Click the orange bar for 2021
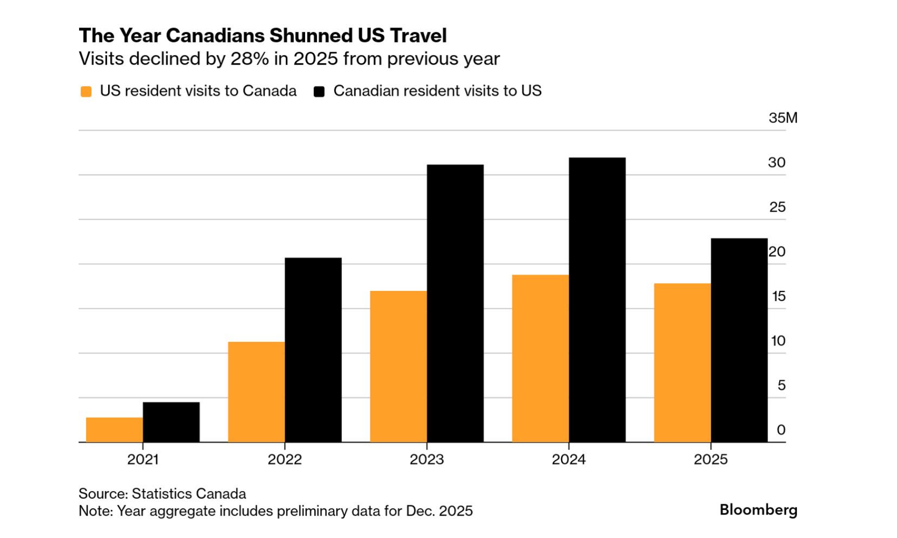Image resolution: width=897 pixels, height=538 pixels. (x=114, y=430)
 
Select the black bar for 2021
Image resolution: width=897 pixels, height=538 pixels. (x=171, y=422)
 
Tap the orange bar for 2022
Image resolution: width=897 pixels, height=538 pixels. (x=256, y=392)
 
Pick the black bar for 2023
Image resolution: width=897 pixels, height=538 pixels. (x=455, y=303)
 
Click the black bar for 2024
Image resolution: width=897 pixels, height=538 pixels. (x=597, y=300)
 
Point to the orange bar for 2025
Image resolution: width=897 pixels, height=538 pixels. (x=682, y=362)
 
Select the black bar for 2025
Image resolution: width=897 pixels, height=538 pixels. (x=739, y=340)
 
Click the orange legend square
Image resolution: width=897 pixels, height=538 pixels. (x=86, y=91)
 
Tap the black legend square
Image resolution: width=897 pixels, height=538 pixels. (x=319, y=91)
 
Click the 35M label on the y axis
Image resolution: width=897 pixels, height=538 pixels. (x=783, y=118)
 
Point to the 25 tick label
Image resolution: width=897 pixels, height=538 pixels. (x=777, y=207)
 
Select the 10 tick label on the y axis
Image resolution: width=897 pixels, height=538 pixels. (x=778, y=341)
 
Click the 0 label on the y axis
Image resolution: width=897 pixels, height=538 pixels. (x=781, y=430)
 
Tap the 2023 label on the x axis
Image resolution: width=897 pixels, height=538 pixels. (x=427, y=459)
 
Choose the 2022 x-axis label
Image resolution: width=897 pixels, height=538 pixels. (x=285, y=459)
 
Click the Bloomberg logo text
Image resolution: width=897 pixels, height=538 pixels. (x=758, y=510)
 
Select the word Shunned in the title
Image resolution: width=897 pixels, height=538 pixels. (x=310, y=36)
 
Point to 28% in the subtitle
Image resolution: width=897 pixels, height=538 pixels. (x=250, y=59)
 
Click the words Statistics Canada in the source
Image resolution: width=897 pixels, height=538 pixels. (x=189, y=494)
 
